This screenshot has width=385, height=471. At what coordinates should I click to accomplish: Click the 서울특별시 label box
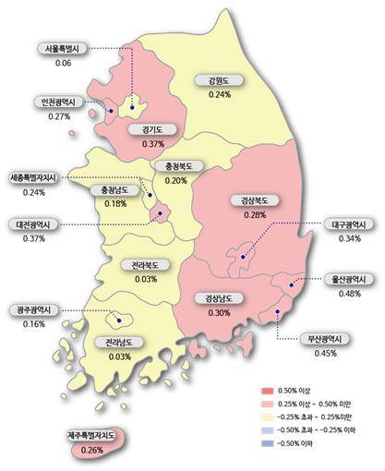tap(63, 49)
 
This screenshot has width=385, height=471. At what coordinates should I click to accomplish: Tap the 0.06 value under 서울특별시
tap(63, 63)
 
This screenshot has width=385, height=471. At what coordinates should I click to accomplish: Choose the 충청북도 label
tap(174, 166)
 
